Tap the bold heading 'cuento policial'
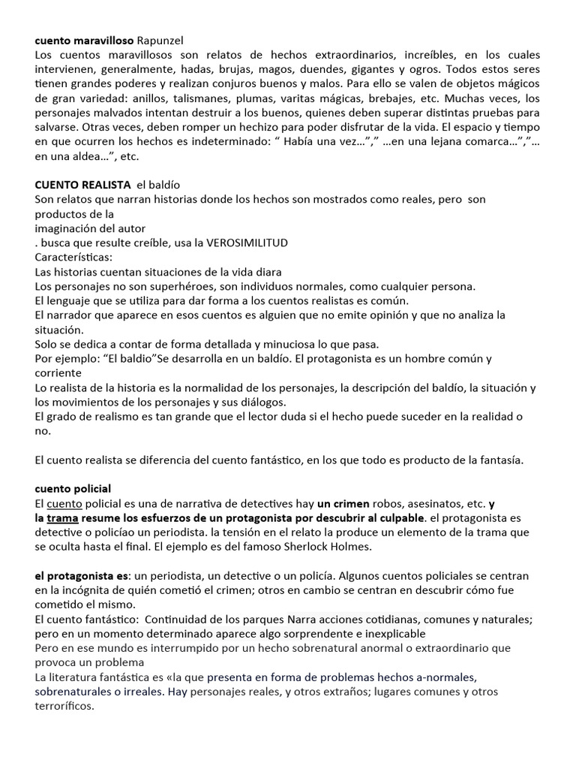pyautogui.click(x=73, y=489)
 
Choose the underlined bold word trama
pyautogui.click(x=62, y=517)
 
